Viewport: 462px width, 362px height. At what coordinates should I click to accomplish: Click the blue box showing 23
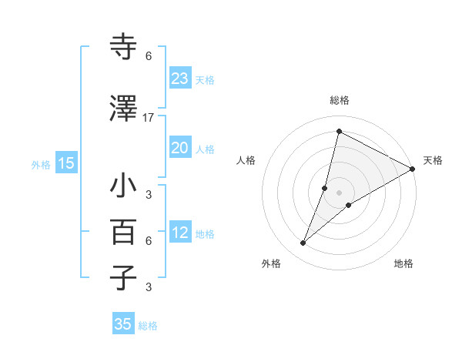click(x=180, y=79)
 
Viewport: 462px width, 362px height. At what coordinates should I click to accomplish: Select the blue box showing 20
click(x=180, y=148)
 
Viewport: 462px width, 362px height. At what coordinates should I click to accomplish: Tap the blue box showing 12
click(x=180, y=233)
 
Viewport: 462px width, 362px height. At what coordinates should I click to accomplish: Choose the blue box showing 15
click(x=66, y=163)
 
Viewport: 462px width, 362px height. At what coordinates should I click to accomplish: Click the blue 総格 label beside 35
click(x=149, y=325)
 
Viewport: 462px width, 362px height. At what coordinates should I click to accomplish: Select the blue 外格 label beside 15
click(x=41, y=163)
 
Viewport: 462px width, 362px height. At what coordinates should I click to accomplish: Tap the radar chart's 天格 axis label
click(x=434, y=160)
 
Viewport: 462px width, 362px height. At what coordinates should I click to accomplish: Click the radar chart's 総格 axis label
click(x=340, y=100)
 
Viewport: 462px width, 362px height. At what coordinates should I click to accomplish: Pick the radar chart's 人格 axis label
click(x=246, y=160)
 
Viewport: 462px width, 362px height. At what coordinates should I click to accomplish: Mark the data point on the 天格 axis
click(x=413, y=169)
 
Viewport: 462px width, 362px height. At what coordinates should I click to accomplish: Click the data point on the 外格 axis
click(x=303, y=243)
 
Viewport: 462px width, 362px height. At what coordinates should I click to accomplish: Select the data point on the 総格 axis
click(x=339, y=132)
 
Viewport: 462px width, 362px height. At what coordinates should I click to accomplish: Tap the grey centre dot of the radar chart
click(x=340, y=193)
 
